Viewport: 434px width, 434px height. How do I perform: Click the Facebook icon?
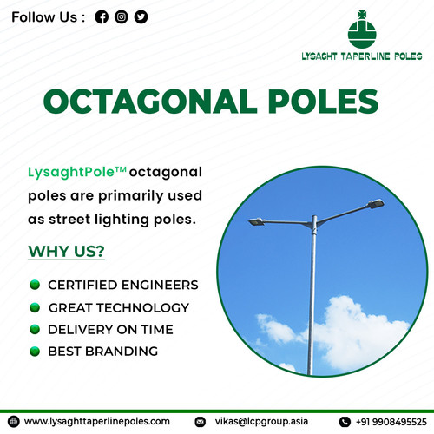click(x=102, y=16)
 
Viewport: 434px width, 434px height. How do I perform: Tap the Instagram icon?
click(x=122, y=16)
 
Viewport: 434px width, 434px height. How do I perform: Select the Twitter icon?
click(x=141, y=16)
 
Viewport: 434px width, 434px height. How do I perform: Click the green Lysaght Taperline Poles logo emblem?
click(x=363, y=31)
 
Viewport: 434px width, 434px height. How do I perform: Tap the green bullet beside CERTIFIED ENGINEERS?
click(x=35, y=285)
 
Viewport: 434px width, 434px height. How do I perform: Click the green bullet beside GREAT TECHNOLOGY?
click(x=35, y=307)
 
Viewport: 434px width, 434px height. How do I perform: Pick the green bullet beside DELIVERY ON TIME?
click(x=35, y=330)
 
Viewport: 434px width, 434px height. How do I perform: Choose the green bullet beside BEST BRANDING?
click(x=35, y=352)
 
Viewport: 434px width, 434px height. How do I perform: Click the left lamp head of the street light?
click(x=258, y=223)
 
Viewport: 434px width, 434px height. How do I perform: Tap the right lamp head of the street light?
click(x=375, y=205)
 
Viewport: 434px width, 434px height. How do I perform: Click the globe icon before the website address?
click(x=14, y=421)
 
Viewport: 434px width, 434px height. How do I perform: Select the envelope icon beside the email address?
click(x=201, y=421)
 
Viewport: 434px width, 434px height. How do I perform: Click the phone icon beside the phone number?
click(x=344, y=421)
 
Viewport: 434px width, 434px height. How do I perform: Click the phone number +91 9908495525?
click(x=391, y=421)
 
